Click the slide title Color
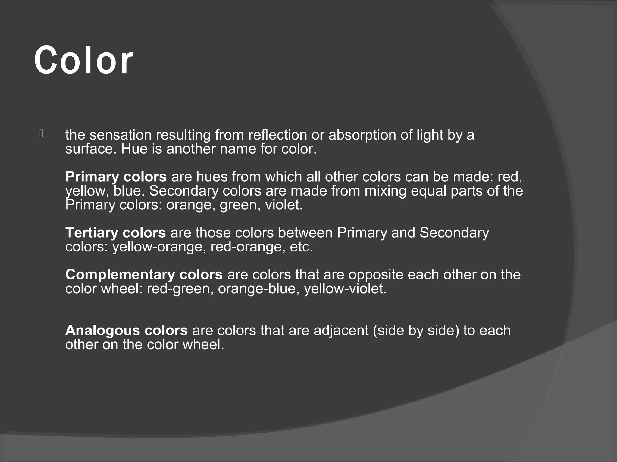click(83, 60)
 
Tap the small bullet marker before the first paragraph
click(42, 134)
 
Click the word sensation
click(120, 135)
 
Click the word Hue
click(134, 149)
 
